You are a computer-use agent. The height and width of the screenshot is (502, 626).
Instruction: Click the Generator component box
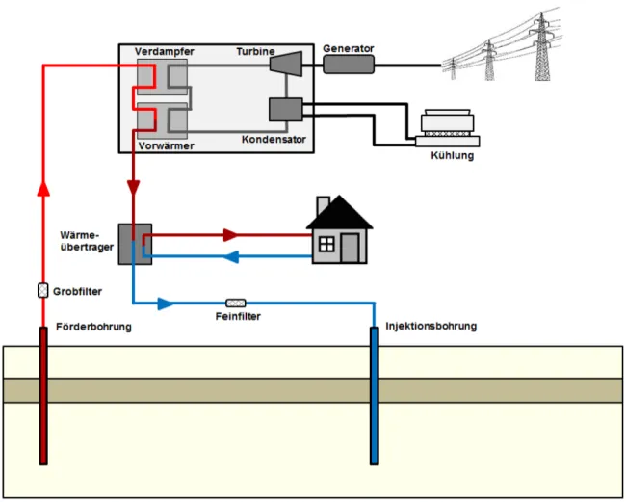coord(349,65)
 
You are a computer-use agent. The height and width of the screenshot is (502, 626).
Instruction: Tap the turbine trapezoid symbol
coord(284,63)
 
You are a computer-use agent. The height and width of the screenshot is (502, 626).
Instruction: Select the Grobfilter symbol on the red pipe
coord(42,290)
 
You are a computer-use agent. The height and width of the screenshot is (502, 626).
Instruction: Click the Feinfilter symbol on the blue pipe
coord(235,304)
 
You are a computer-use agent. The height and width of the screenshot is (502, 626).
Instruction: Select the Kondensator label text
coord(274,140)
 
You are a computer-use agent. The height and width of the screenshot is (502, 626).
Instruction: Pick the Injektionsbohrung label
coord(430,327)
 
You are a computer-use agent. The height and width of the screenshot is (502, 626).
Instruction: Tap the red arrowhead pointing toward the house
coord(229,234)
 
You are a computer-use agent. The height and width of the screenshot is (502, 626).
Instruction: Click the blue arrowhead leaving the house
coord(230,256)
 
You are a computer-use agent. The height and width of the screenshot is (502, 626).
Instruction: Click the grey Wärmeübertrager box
coord(135,244)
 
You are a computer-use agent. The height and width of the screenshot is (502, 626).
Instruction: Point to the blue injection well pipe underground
coord(375,395)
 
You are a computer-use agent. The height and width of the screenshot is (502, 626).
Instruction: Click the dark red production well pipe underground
coord(42,395)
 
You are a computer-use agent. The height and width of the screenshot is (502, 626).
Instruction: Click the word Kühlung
coord(452,154)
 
